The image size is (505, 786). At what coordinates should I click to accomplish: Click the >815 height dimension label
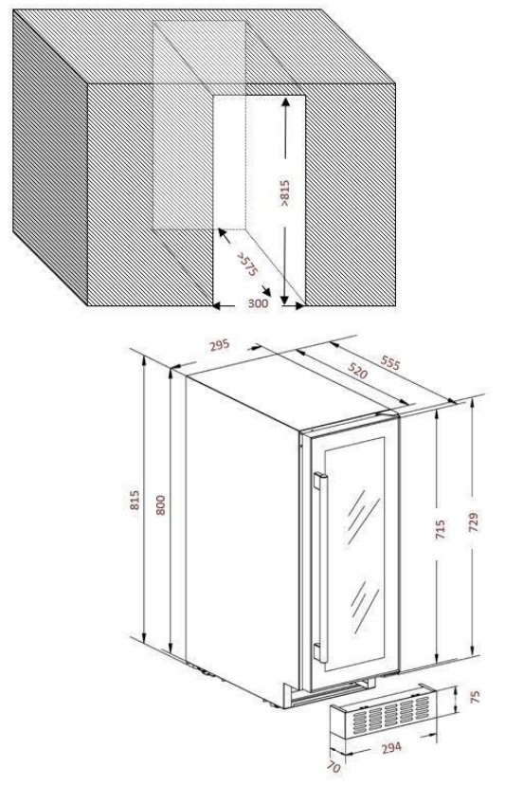[x=284, y=193]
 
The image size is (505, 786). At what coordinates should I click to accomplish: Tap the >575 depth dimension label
[x=247, y=265]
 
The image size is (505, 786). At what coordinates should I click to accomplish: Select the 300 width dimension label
[x=258, y=303]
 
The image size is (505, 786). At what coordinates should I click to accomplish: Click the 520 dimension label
[x=358, y=372]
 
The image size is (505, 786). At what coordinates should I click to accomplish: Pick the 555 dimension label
[x=390, y=363]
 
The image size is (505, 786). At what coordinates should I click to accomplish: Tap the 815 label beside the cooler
[x=135, y=500]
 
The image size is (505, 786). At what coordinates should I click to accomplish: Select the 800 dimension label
[x=160, y=504]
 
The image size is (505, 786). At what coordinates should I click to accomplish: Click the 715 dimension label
[x=440, y=530]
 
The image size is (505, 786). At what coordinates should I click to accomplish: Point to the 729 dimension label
[x=475, y=521]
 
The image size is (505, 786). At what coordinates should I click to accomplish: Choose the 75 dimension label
[x=476, y=696]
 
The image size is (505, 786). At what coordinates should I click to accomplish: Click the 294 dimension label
[x=391, y=747]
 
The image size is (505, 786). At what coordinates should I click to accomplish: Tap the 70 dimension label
[x=335, y=768]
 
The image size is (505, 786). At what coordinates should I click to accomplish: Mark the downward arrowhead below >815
[x=284, y=301]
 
